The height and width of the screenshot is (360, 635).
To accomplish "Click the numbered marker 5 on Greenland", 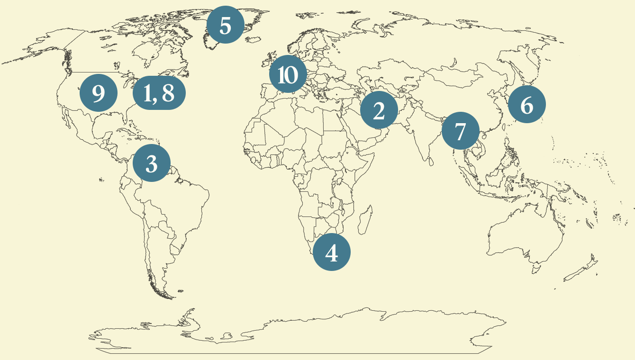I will [x=226, y=25].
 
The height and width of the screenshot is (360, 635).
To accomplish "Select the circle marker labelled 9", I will [x=98, y=93].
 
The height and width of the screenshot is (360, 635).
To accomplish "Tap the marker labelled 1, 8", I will [x=159, y=93].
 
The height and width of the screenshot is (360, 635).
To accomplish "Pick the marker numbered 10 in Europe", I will [x=288, y=74].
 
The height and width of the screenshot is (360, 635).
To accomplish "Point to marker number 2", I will [x=379, y=110].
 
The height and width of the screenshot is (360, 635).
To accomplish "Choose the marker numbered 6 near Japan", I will [x=526, y=105].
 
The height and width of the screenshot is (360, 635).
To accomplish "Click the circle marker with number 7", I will [x=460, y=131].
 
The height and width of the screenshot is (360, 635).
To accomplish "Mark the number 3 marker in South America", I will [x=151, y=163].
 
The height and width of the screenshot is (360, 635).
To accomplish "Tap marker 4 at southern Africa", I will [x=332, y=252].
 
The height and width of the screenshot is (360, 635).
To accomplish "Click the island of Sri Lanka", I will [x=431, y=162].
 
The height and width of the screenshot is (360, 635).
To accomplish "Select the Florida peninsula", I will [x=127, y=117].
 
